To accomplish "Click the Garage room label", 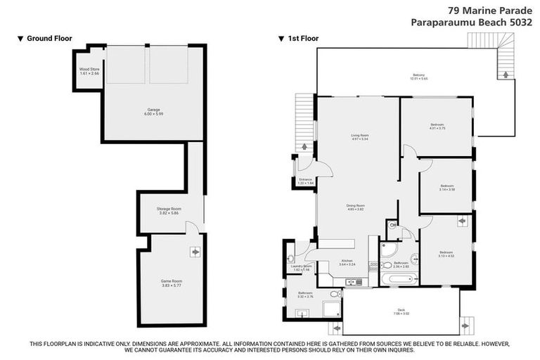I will [x=153, y=111].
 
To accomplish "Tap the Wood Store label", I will [x=89, y=71].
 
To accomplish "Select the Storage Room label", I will [x=169, y=210].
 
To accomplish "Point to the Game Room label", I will [x=172, y=283].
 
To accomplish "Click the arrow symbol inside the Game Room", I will [x=195, y=251].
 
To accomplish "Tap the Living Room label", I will [x=360, y=137].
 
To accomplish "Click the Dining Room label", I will [x=355, y=207].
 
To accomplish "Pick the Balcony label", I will [x=419, y=77].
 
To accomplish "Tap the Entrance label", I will [x=305, y=181].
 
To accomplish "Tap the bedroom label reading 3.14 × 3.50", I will [x=447, y=188].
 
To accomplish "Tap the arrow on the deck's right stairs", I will [x=465, y=326].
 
